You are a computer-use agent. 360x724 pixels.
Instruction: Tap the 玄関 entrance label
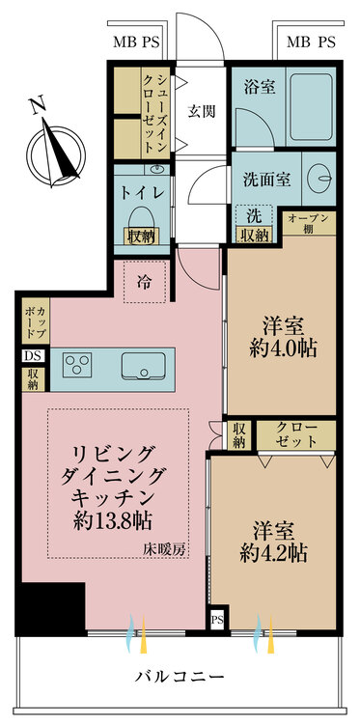[x=201, y=110]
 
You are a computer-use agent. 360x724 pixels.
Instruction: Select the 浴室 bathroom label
[x=262, y=87]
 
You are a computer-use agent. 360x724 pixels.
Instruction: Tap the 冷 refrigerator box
[x=144, y=282]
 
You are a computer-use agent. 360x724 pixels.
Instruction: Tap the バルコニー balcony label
[x=180, y=675]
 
